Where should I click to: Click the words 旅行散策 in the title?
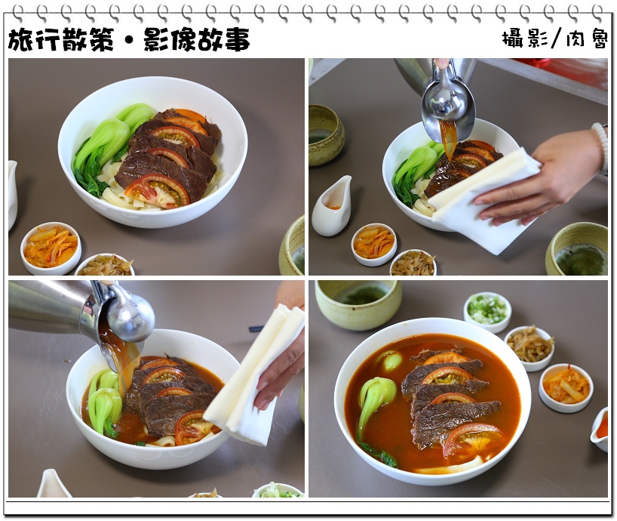coord(61,40)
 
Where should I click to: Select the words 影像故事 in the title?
coord(197,40)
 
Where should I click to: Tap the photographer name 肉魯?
coord(587,39)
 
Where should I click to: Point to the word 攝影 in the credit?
coord(525,39)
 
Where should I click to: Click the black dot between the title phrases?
coord(130,41)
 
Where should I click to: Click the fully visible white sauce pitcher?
coord(332,206)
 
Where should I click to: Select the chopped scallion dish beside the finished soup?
coord(487,312)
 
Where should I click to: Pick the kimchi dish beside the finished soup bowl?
coord(566,387)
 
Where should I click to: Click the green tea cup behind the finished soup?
coord(358,304)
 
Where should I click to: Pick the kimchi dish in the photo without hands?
coord(51,248)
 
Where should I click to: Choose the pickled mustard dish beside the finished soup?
coord(530,348)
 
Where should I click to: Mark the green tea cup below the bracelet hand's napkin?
coord(576,249)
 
